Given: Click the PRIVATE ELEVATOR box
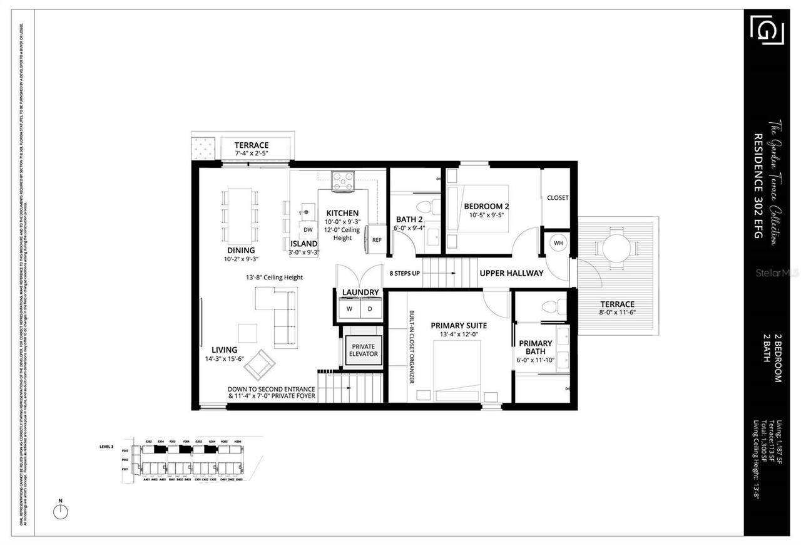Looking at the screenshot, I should click(x=364, y=350).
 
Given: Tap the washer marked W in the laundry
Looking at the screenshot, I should click(x=349, y=309).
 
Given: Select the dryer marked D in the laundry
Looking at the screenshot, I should click(x=369, y=309).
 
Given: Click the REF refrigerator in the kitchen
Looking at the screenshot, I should click(x=377, y=239).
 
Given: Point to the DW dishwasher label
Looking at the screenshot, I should click(x=308, y=230).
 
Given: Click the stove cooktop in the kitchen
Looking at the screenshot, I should click(x=342, y=181).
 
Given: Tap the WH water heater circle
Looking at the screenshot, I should click(x=558, y=242).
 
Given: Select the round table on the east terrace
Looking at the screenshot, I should click(x=616, y=249).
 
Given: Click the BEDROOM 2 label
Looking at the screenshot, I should click(x=486, y=207).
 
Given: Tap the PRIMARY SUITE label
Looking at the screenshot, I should click(x=459, y=326).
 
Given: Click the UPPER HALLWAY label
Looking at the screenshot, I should click(x=511, y=273).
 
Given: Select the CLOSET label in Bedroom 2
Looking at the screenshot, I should click(x=558, y=198).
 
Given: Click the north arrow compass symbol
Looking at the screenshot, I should click(x=61, y=511).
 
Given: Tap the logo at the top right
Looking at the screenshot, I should click(x=767, y=31).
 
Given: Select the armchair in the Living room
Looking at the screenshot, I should click(x=259, y=365).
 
